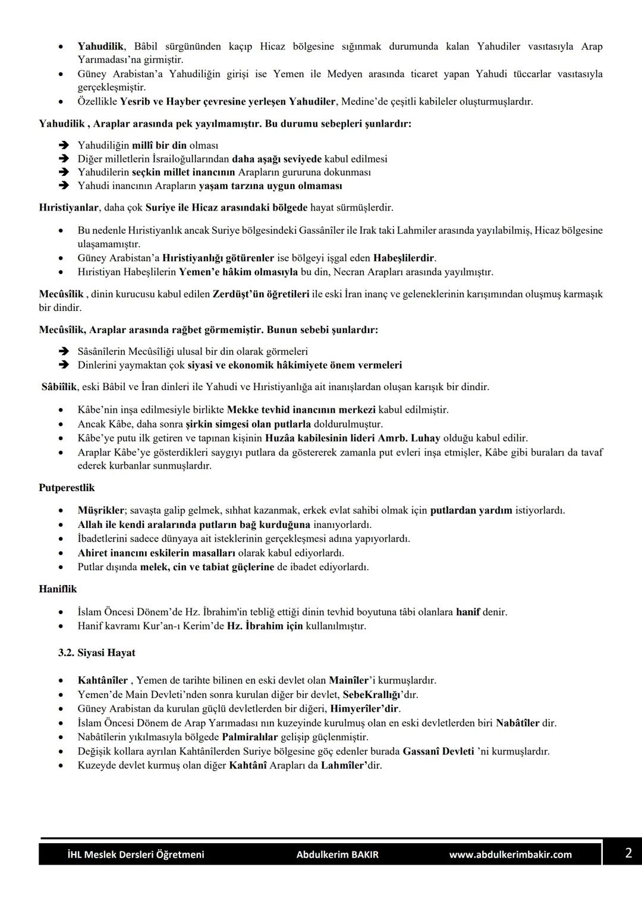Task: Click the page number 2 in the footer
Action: pyautogui.click(x=628, y=853)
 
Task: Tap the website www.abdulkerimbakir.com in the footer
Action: pyautogui.click(x=510, y=854)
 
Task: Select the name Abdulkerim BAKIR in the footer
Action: pyautogui.click(x=337, y=854)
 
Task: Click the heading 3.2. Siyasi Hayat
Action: pyautogui.click(x=97, y=652)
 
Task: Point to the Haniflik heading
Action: pyautogui.click(x=58, y=589)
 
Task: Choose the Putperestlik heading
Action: pyautogui.click(x=67, y=488)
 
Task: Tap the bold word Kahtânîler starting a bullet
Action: pyautogui.click(x=102, y=680)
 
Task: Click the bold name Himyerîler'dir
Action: pyautogui.click(x=364, y=708)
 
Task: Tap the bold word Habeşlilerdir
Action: pyautogui.click(x=404, y=258)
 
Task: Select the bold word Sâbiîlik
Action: pyautogui.click(x=59, y=387)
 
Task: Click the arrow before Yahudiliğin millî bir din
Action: pyautogui.click(x=64, y=146)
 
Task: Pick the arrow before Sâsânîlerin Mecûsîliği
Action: pyautogui.click(x=64, y=352)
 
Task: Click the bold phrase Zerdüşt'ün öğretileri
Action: pyautogui.click(x=260, y=294)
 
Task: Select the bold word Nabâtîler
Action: pyautogui.click(x=517, y=723)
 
